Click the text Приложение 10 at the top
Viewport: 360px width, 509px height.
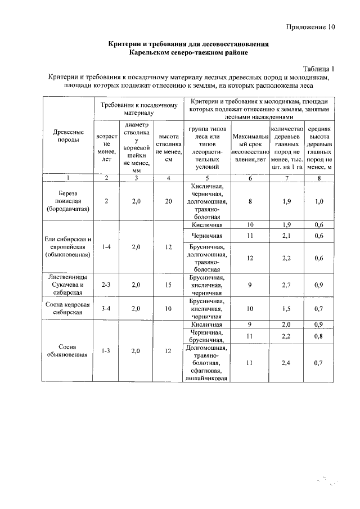(310, 26)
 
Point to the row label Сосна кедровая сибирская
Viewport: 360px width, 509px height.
(68, 308)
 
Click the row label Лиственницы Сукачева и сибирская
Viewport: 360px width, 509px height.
(68, 285)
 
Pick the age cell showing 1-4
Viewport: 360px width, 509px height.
(106, 246)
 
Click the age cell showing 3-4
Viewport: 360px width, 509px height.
(106, 308)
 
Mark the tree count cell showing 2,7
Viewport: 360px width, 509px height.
(287, 285)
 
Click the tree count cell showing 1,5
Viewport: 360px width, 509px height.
(287, 308)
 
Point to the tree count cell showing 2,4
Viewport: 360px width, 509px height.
(287, 363)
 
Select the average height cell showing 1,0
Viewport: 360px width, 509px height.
(319, 201)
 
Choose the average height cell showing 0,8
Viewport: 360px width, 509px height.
(319, 335)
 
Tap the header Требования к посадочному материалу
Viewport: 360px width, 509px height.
(139, 109)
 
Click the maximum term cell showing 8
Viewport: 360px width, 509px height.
(249, 201)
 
